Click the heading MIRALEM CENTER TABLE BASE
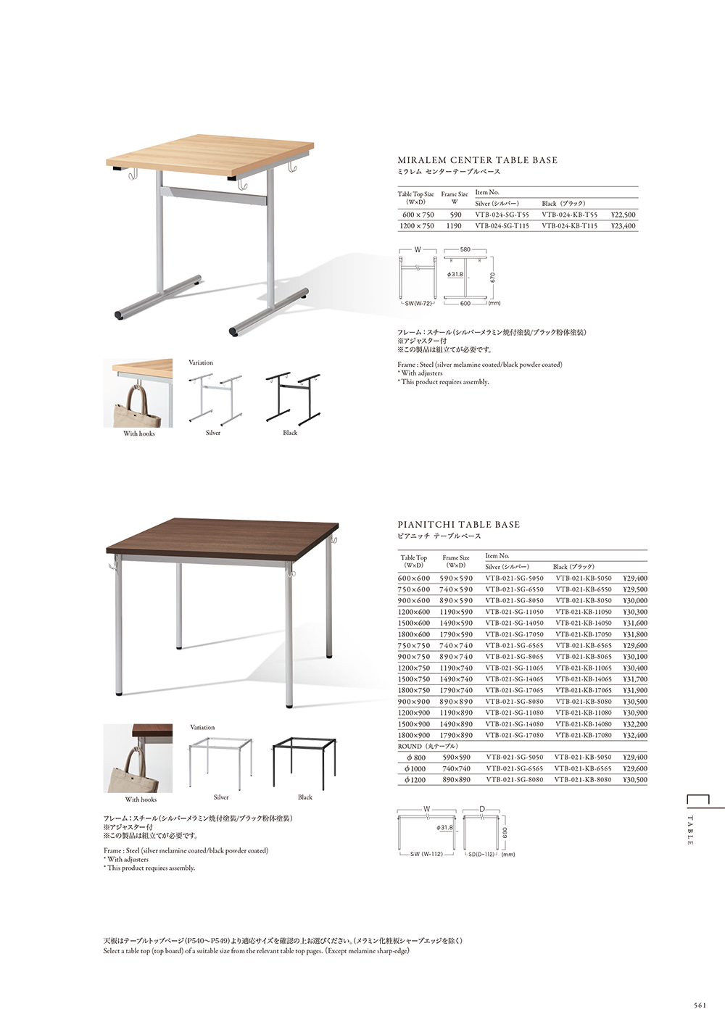[477, 160]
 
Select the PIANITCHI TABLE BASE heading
[458, 524]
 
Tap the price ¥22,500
[623, 215]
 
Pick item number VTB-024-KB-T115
[569, 226]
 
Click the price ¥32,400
[634, 735]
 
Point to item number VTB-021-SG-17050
[514, 634]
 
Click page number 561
[700, 1005]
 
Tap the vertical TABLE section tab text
[689, 831]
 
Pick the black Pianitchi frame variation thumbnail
[304, 763]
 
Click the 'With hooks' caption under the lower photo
[141, 800]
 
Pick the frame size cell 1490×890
[456, 724]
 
